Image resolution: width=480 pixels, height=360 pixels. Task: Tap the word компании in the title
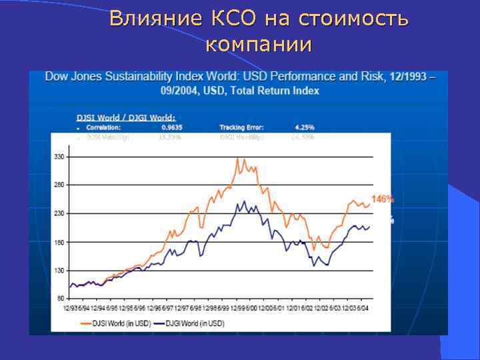[259, 45]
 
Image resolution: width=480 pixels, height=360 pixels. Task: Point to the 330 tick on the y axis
[59, 157]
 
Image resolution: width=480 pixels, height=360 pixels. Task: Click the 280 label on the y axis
[59, 185]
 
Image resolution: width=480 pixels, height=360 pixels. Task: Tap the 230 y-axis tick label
[59, 213]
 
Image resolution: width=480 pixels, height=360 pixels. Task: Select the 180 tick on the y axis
[59, 242]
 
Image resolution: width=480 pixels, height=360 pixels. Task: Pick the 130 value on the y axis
[59, 271]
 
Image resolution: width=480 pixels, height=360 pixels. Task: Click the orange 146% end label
[383, 199]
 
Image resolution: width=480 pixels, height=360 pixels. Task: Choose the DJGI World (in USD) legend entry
[194, 323]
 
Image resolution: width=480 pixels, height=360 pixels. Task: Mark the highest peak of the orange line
[237, 159]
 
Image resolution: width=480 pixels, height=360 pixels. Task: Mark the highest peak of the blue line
[244, 201]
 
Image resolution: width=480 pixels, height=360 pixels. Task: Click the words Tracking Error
[241, 126]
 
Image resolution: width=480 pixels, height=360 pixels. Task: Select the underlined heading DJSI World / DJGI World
[126, 117]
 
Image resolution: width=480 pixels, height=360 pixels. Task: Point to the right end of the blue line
[369, 227]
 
